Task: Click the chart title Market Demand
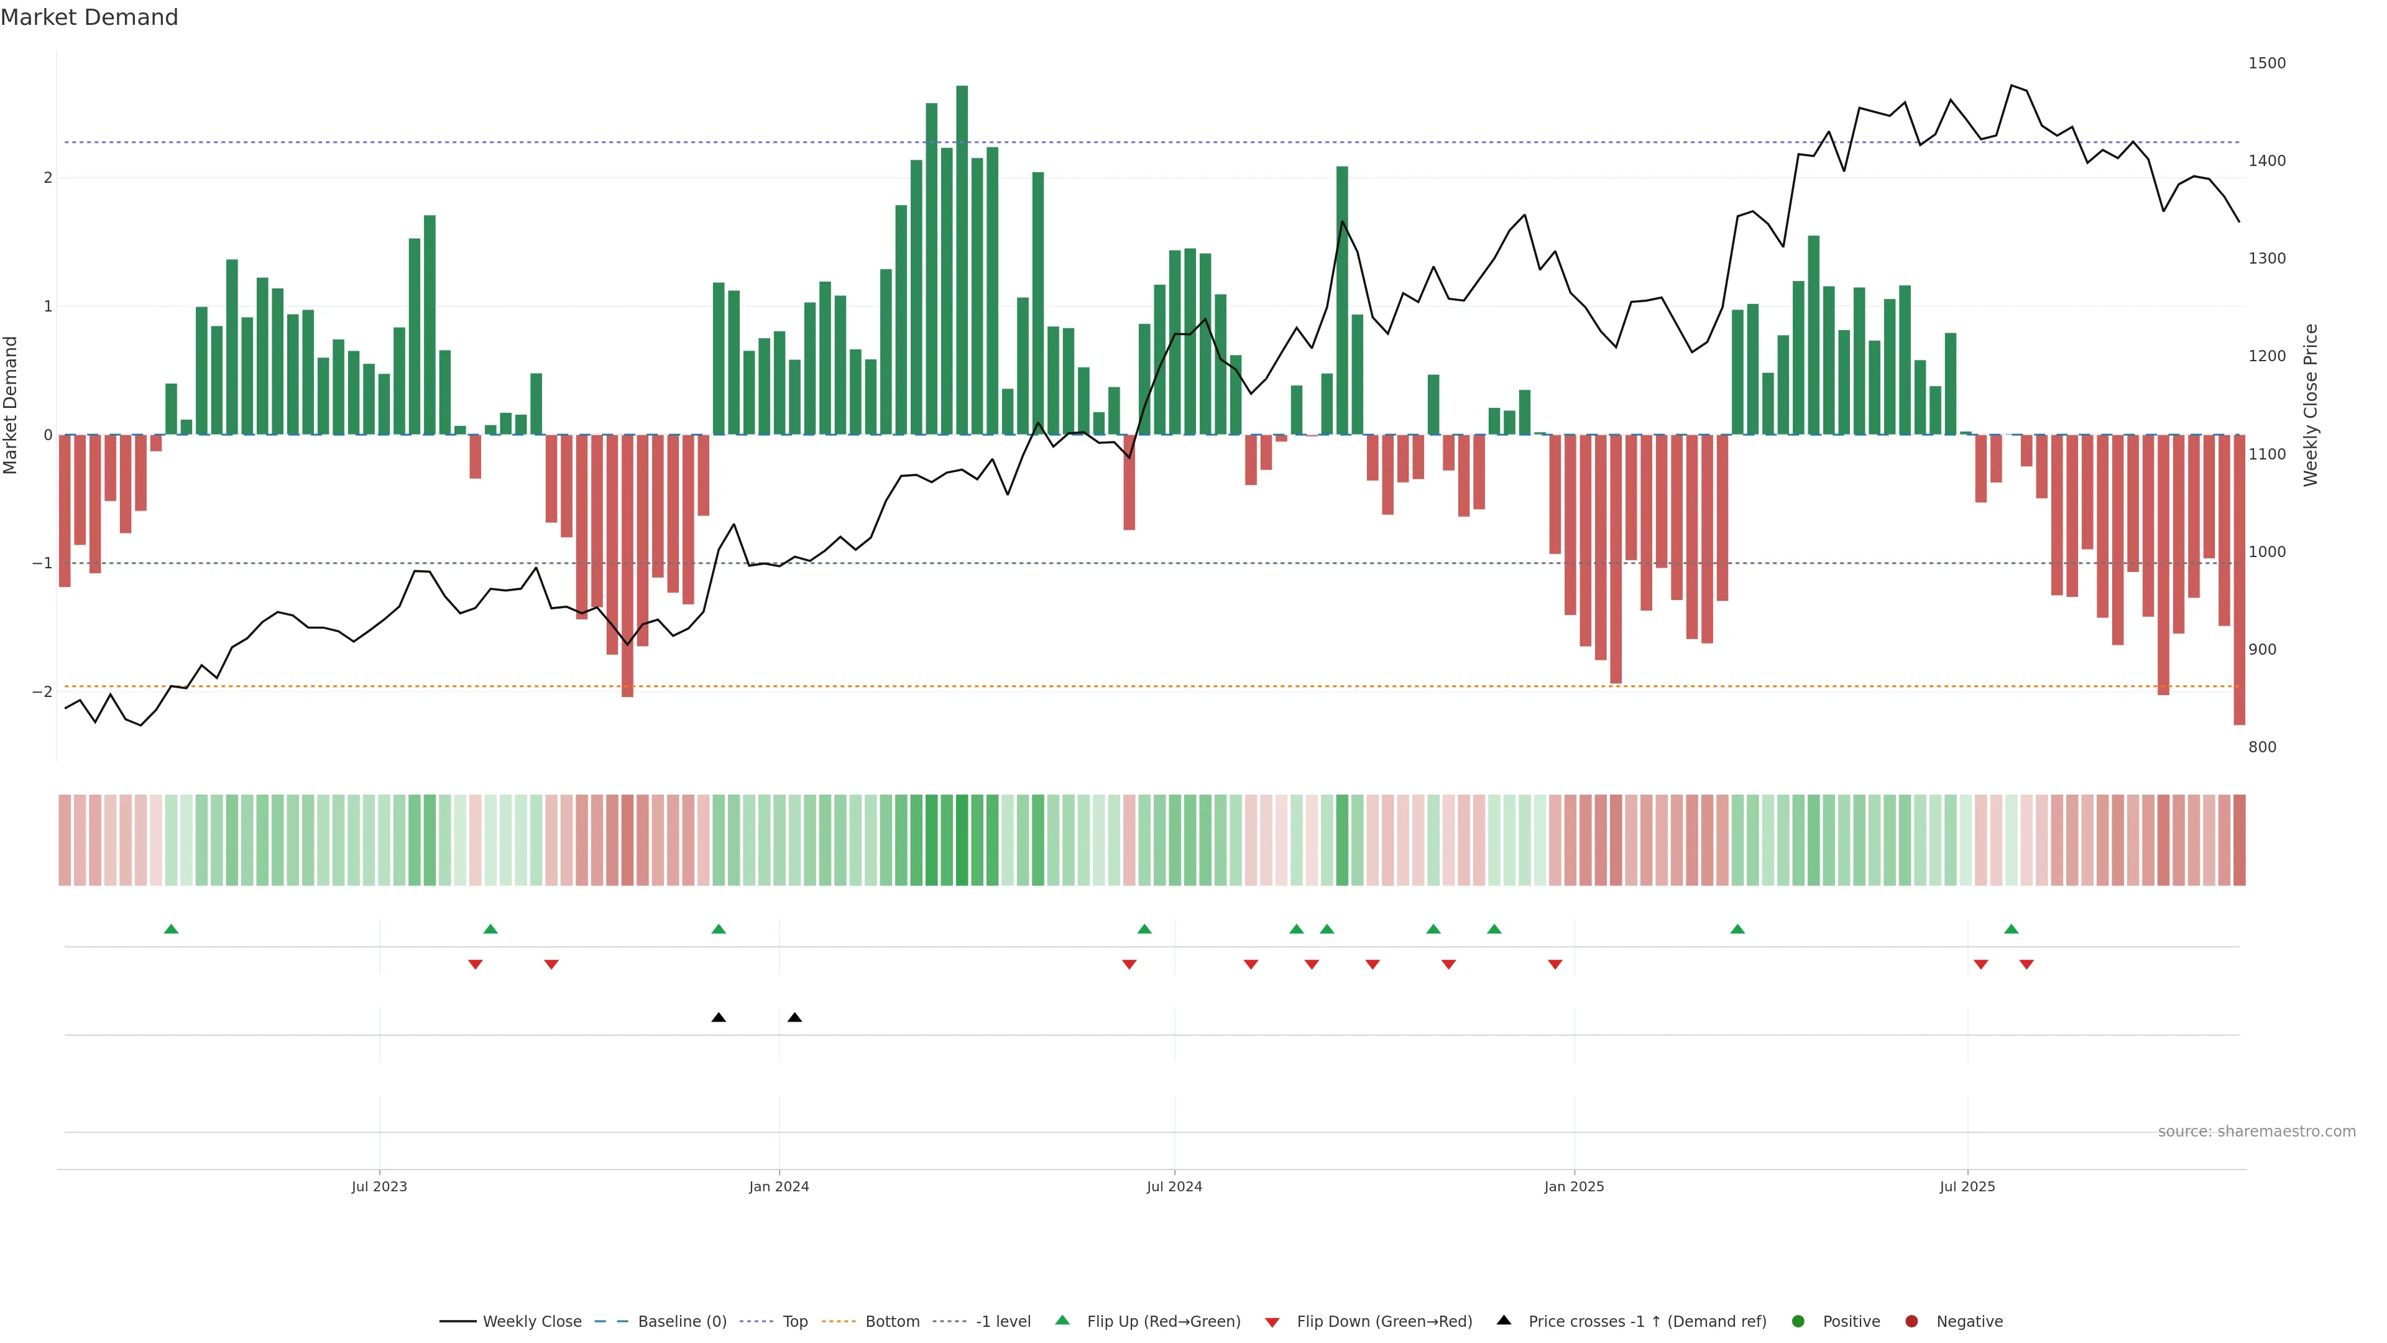point(89,17)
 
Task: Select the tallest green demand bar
point(962,259)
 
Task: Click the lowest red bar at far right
point(2238,579)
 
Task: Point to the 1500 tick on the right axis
point(2266,63)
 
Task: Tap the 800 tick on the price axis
point(2262,747)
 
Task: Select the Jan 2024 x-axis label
point(778,1186)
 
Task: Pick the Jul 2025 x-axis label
point(1967,1186)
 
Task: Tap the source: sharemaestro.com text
point(2256,1132)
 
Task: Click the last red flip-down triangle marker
point(2026,965)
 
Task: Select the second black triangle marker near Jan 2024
point(794,1018)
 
